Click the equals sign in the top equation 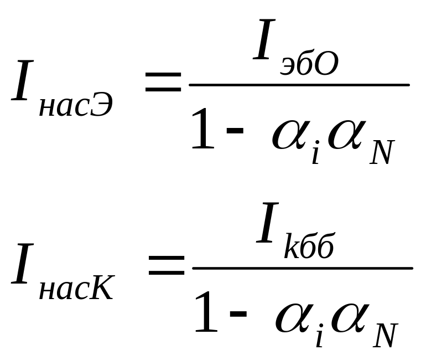(x=163, y=83)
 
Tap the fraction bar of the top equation (x=299, y=85)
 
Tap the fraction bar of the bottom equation (x=302, y=268)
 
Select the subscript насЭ (x=76, y=104)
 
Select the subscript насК (x=76, y=287)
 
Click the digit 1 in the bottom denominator (x=206, y=314)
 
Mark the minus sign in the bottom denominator (x=238, y=318)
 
